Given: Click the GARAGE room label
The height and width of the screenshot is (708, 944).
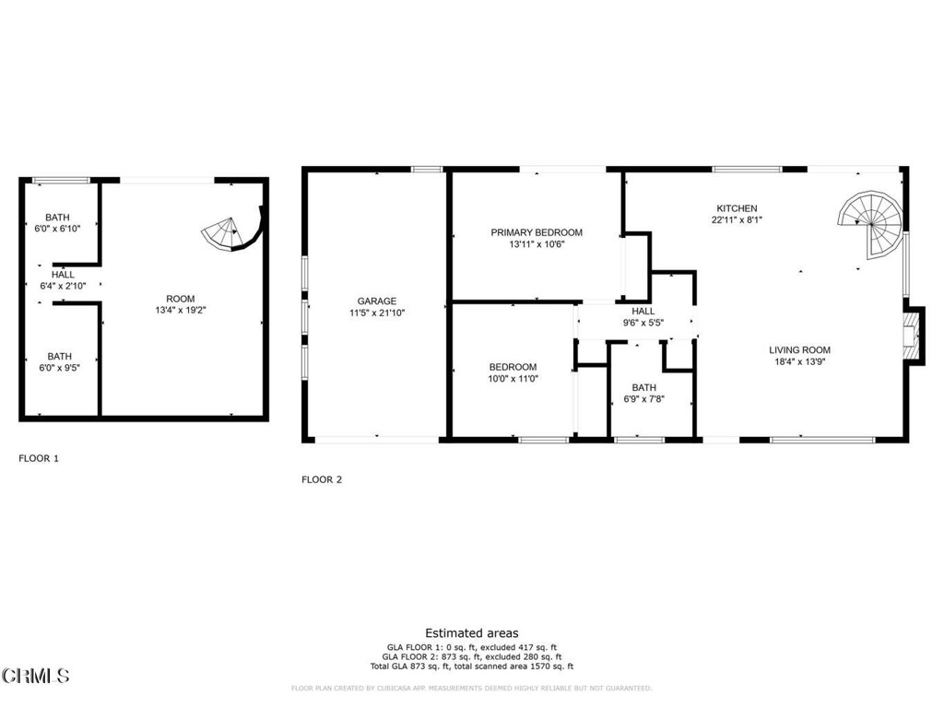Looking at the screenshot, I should click(377, 301).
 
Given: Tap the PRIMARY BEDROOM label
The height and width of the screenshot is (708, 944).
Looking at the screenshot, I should click(536, 233).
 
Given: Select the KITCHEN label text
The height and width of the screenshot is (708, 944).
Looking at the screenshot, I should click(737, 208).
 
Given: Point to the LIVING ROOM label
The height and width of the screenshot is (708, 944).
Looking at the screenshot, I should click(800, 350).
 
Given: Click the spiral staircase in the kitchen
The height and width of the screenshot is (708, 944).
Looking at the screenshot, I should click(870, 221).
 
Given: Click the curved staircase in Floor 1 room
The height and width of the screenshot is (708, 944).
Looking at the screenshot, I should click(229, 232).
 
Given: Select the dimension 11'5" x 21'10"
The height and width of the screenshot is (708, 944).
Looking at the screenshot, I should click(377, 313).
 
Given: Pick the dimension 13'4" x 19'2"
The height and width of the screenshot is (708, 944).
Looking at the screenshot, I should click(180, 311).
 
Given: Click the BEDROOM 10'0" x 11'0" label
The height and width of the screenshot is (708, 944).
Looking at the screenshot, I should click(513, 372).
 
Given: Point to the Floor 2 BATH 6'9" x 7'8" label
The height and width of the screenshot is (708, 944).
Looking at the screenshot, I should click(644, 394).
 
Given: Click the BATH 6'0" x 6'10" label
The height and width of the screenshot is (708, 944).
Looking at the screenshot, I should click(59, 222).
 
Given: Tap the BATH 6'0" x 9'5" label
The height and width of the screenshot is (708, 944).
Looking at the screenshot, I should click(59, 362).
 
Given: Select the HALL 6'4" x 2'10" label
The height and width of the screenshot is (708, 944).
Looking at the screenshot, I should click(63, 280).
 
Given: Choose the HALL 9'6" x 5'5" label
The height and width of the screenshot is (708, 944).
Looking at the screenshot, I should click(643, 317).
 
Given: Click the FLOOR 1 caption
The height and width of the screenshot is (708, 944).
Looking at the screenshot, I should click(39, 458).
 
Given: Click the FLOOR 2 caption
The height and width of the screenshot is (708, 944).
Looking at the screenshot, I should click(322, 479).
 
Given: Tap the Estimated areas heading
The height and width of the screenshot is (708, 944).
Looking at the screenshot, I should click(471, 633).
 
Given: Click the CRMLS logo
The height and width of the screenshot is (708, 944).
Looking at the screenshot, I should click(35, 676).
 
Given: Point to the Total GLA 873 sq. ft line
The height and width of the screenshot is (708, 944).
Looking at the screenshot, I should click(471, 667).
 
